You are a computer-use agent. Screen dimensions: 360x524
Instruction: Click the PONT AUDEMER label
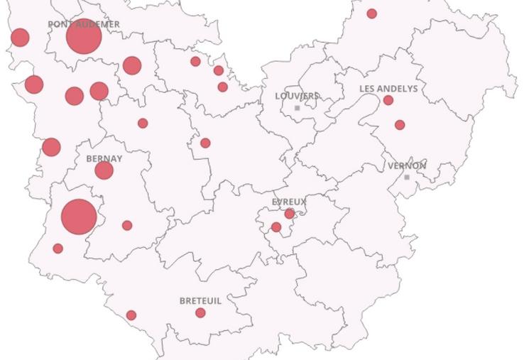(83, 24)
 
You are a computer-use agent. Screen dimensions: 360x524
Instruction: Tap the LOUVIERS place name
(298, 96)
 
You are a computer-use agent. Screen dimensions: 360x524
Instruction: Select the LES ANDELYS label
(388, 89)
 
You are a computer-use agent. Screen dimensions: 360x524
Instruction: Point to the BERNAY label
(104, 159)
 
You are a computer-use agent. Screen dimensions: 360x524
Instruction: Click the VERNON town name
(407, 166)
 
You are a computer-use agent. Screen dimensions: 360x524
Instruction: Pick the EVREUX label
(289, 202)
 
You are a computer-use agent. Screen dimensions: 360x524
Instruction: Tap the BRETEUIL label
(200, 301)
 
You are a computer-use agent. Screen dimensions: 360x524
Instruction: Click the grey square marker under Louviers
(298, 108)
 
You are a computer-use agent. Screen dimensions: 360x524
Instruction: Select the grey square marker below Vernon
(407, 177)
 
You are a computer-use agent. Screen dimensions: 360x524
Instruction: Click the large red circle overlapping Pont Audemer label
(83, 37)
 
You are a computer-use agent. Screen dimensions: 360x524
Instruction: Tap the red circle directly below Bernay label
(104, 170)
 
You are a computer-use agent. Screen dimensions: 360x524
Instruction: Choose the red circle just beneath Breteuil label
(200, 313)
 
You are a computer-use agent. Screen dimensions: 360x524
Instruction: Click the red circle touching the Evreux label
(290, 214)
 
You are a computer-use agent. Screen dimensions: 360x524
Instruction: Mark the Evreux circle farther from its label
(276, 227)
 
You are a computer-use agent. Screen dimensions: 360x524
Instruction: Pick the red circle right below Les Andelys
(388, 100)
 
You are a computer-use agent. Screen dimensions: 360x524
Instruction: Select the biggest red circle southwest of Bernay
(79, 217)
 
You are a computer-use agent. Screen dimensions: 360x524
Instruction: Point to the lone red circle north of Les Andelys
(371, 13)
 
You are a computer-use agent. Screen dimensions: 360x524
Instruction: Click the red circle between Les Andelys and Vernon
(400, 125)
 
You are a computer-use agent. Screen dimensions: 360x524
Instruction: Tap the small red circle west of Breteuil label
(131, 315)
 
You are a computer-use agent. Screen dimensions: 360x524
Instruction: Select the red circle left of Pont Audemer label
(20, 38)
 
